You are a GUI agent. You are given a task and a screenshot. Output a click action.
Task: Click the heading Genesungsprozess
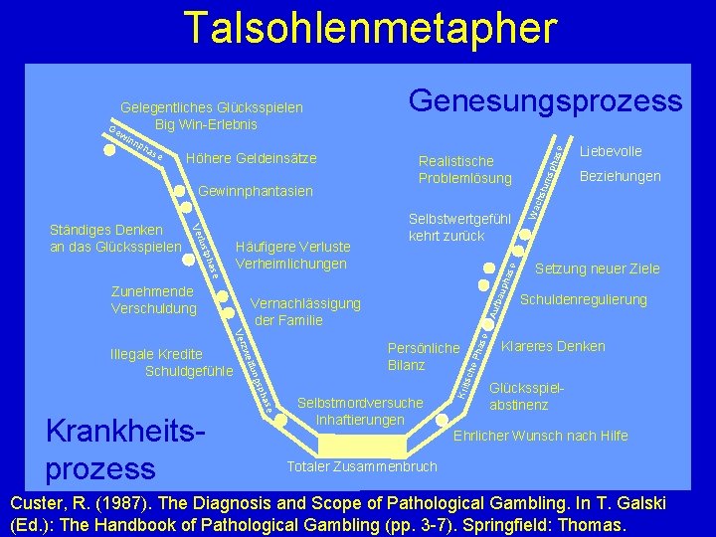(546, 100)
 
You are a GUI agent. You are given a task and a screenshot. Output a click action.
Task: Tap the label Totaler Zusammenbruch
(362, 466)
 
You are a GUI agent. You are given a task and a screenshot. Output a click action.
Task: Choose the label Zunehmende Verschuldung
(154, 300)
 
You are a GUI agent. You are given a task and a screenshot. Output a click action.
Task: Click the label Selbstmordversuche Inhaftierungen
(360, 411)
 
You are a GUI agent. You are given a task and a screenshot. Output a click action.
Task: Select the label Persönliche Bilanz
(423, 356)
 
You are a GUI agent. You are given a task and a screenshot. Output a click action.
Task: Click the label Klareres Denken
(553, 347)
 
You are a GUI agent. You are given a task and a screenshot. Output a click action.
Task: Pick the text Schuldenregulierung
(584, 299)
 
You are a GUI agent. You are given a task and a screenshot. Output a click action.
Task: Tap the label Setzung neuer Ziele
(598, 268)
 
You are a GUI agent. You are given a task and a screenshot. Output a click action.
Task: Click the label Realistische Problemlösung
(465, 169)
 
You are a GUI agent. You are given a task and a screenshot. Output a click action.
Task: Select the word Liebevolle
(611, 151)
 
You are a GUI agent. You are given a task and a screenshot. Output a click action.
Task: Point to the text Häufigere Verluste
(291, 247)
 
